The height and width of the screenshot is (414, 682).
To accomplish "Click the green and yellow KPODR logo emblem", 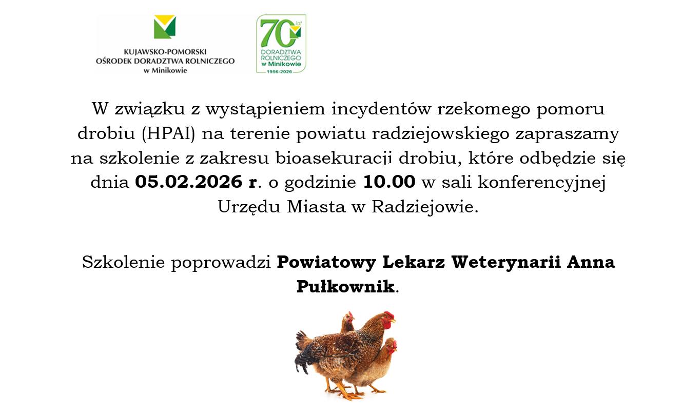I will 165,27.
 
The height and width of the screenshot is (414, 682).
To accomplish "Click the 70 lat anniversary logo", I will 281,44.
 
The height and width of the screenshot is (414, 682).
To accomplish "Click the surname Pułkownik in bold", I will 346,286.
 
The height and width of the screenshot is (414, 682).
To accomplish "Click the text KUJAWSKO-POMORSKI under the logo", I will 165,52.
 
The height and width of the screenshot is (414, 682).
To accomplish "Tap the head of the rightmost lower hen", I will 391,347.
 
